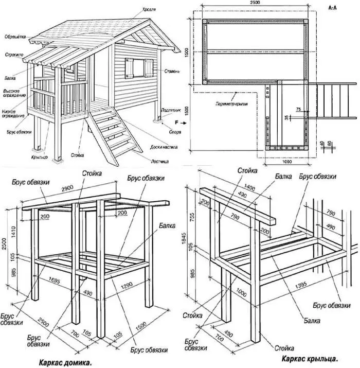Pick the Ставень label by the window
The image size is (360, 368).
pyautogui.click(x=171, y=71)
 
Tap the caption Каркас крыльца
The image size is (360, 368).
pyautogui.click(x=310, y=357)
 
